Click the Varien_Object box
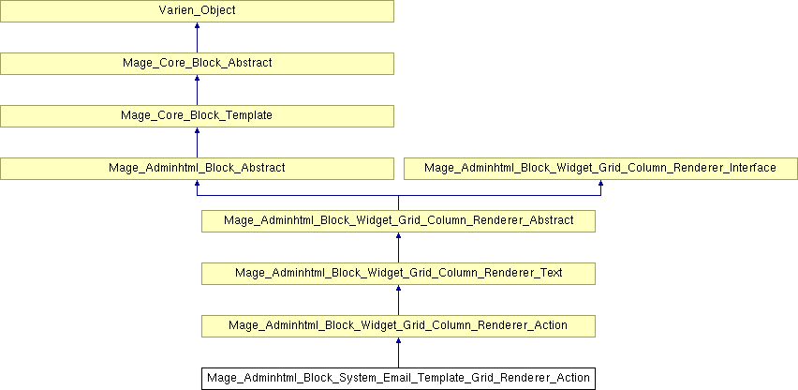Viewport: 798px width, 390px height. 197,10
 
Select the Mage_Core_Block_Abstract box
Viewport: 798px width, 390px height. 197,64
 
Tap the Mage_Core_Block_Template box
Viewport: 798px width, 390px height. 197,116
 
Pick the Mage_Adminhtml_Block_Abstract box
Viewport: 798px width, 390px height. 197,169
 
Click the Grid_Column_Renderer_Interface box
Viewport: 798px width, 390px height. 600,169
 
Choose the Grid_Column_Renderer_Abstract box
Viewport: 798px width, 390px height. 398,221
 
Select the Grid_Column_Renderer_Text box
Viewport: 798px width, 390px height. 398,274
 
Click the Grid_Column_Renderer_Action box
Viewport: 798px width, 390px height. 398,326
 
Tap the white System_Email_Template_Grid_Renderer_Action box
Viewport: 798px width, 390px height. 398,379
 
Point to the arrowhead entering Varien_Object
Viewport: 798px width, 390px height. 197,25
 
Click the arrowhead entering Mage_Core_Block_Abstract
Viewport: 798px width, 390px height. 197,78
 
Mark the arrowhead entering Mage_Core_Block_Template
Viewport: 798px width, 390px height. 197,129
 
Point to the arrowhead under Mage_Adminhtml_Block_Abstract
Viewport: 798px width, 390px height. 197,182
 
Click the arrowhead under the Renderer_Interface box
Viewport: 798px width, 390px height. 600,182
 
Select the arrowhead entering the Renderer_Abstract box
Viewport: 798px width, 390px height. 398,234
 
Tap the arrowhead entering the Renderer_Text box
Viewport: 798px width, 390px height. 398,287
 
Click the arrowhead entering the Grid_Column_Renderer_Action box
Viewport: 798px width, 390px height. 398,339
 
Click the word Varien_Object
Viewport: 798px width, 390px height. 197,10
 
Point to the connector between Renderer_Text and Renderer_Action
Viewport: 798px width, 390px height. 398,300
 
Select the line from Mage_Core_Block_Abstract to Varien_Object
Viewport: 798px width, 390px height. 197,37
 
